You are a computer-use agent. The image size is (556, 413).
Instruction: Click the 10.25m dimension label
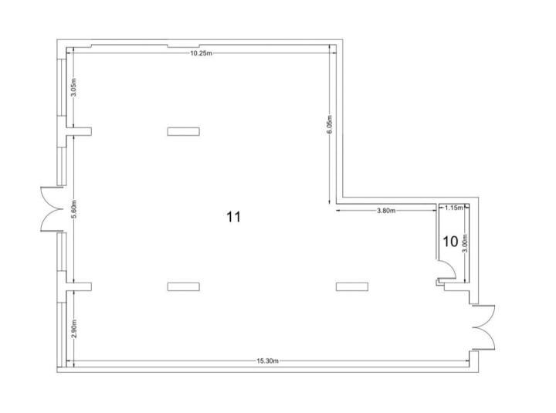[x=201, y=53]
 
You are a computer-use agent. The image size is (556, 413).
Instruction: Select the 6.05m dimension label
[x=330, y=125]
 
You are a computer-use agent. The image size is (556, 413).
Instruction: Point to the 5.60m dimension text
[x=73, y=210]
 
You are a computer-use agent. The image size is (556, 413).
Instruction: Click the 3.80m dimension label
[x=386, y=211]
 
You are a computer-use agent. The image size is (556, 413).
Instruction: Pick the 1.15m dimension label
[x=454, y=208]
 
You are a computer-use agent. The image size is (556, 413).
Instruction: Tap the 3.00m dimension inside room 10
[x=465, y=243]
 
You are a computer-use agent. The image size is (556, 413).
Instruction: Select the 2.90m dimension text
[x=73, y=329]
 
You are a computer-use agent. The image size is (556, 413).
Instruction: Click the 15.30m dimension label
[x=268, y=361]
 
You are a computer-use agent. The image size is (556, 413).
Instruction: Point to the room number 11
[x=233, y=217]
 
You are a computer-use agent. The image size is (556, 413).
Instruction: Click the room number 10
[x=450, y=242]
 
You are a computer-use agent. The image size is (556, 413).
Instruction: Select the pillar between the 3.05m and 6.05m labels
[x=183, y=131]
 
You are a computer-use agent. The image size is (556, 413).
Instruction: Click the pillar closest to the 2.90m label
[x=183, y=286]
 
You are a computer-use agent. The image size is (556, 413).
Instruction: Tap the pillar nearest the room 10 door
[x=352, y=286]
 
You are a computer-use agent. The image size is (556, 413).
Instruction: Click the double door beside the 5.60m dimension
[x=53, y=208]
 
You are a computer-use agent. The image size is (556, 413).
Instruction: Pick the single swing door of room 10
[x=446, y=270]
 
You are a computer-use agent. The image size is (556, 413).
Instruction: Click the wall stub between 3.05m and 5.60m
[x=79, y=131]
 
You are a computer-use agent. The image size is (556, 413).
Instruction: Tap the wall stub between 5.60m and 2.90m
[x=79, y=286]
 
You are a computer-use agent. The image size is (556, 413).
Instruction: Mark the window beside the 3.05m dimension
[x=62, y=87]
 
